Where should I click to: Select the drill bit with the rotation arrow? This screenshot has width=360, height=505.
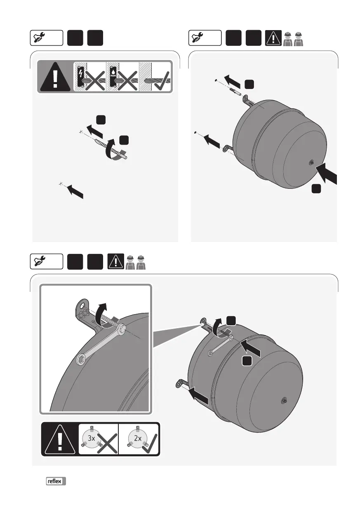pos(111,149)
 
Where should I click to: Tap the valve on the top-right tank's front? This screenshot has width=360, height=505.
pos(312,162)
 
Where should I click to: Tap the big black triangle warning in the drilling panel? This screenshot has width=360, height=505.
pos(55,77)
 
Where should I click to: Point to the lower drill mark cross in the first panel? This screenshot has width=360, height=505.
pos(61,184)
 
